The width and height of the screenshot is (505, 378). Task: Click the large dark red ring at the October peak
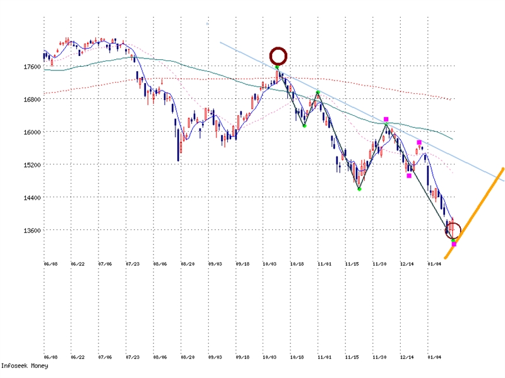(278, 55)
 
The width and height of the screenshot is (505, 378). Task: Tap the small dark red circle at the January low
(454, 231)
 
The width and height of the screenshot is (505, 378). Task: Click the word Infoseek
(15, 365)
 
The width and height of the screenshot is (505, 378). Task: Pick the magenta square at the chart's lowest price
(454, 244)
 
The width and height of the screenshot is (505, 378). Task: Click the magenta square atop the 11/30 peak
(386, 119)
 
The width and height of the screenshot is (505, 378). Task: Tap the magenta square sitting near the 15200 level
(409, 175)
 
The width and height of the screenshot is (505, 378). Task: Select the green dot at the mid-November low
(359, 188)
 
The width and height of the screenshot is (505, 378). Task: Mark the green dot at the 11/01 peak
(318, 93)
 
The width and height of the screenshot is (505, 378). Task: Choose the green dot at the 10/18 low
(304, 125)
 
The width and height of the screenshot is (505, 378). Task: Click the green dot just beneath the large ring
(277, 67)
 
